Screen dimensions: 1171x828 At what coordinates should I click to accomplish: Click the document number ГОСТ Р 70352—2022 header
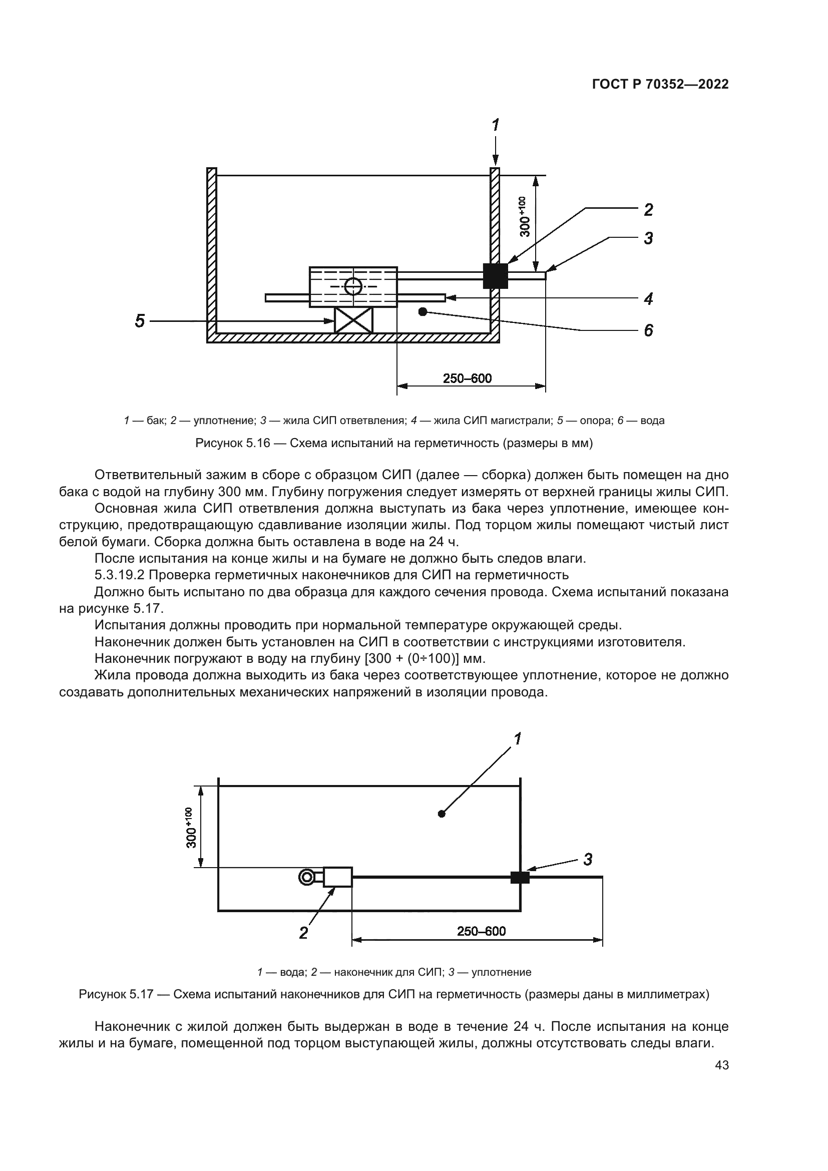tap(660, 85)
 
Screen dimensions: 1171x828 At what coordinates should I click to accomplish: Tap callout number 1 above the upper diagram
tap(495, 125)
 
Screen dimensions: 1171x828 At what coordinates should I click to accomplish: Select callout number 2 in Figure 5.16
tap(648, 210)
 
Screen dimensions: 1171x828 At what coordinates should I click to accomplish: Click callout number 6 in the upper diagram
tap(648, 330)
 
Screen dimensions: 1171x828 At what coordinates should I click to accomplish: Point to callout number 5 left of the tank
tap(140, 321)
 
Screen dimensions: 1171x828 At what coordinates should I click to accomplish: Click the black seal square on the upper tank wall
tap(495, 275)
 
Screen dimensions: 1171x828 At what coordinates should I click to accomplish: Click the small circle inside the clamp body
tap(353, 287)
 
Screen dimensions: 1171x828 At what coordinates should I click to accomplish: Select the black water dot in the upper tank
tap(422, 311)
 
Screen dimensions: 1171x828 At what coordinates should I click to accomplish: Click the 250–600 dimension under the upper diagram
tap(467, 378)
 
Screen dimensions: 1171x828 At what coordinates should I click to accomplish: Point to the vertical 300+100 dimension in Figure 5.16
tap(525, 217)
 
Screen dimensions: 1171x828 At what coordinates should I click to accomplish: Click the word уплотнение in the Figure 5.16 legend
tap(224, 421)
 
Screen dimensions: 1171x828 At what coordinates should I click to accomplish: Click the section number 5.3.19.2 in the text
tap(120, 575)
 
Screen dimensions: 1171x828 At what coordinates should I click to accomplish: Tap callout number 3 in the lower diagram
tap(588, 860)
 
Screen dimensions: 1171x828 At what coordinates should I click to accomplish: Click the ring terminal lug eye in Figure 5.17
tap(306, 877)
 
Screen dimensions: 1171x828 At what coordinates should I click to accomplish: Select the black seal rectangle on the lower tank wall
tap(520, 877)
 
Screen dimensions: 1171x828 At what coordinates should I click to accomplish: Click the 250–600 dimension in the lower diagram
tap(481, 931)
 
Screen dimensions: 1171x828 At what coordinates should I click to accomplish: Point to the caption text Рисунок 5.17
tap(116, 995)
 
